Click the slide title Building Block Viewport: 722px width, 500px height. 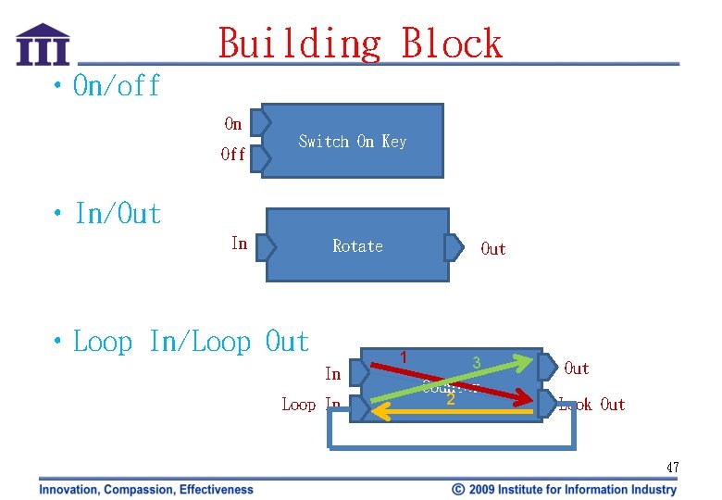click(360, 43)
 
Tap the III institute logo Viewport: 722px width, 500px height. click(43, 45)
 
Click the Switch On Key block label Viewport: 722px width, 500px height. click(352, 141)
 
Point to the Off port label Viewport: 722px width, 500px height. click(233, 155)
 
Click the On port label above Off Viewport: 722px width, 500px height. click(233, 123)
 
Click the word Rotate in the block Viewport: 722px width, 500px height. click(357, 245)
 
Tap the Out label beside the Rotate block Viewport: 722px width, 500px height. click(493, 248)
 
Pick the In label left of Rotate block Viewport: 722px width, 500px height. click(239, 244)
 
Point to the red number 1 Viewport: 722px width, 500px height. click(404, 356)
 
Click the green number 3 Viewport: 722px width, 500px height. click(476, 361)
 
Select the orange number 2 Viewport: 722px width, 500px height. click(451, 400)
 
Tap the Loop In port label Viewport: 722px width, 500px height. click(311, 404)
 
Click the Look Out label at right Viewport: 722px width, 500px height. click(591, 404)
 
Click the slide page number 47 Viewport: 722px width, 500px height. click(672, 468)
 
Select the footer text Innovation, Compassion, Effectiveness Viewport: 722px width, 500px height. click(145, 489)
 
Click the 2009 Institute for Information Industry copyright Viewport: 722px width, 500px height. click(565, 489)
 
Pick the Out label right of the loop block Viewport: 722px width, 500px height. click(577, 369)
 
